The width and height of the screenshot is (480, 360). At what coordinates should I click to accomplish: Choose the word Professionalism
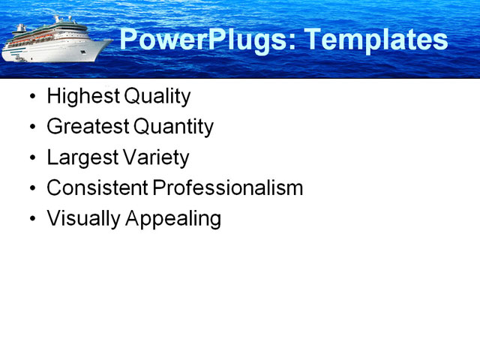(x=227, y=188)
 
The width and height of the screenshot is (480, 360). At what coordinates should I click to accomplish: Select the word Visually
(x=81, y=219)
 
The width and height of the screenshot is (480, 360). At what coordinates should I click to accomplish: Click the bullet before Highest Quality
(x=31, y=97)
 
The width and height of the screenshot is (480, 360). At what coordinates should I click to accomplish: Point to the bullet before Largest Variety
(x=31, y=158)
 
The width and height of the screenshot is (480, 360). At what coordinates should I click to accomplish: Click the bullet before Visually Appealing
(x=31, y=220)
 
